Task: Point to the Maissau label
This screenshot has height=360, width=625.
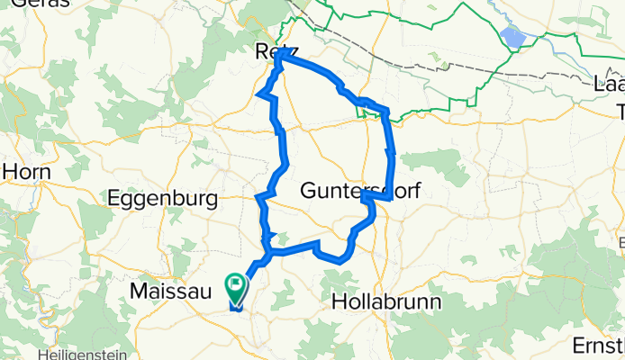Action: click(x=169, y=291)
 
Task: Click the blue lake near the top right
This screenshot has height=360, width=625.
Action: click(x=513, y=38)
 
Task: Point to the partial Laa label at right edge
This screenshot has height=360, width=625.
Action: click(x=610, y=85)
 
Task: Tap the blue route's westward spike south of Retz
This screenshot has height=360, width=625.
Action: click(x=261, y=94)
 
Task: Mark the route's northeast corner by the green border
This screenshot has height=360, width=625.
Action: click(x=386, y=112)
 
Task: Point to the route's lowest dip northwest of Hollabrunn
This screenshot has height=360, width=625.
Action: click(x=340, y=259)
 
